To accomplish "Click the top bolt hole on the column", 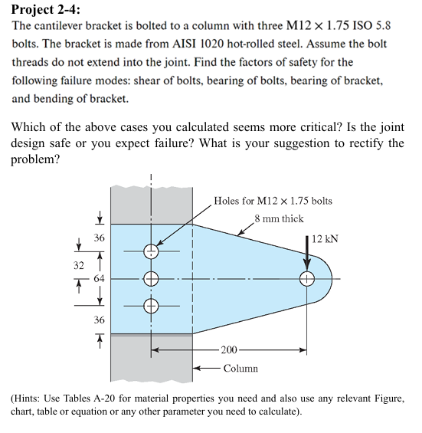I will pyautogui.click(x=151, y=251).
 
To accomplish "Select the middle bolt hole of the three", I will pyautogui.click(x=151, y=279).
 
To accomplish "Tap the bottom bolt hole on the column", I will pyautogui.click(x=151, y=306).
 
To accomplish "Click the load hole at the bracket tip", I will pyautogui.click(x=307, y=279).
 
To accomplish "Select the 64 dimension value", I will pyautogui.click(x=100, y=278).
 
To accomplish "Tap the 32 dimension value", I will pyautogui.click(x=78, y=266).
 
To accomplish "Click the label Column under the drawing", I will pyautogui.click(x=240, y=369).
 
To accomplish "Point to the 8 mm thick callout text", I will pyautogui.click(x=279, y=218).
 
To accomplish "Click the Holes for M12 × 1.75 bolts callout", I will pyautogui.click(x=273, y=201).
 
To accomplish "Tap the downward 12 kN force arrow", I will pyautogui.click(x=307, y=253).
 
